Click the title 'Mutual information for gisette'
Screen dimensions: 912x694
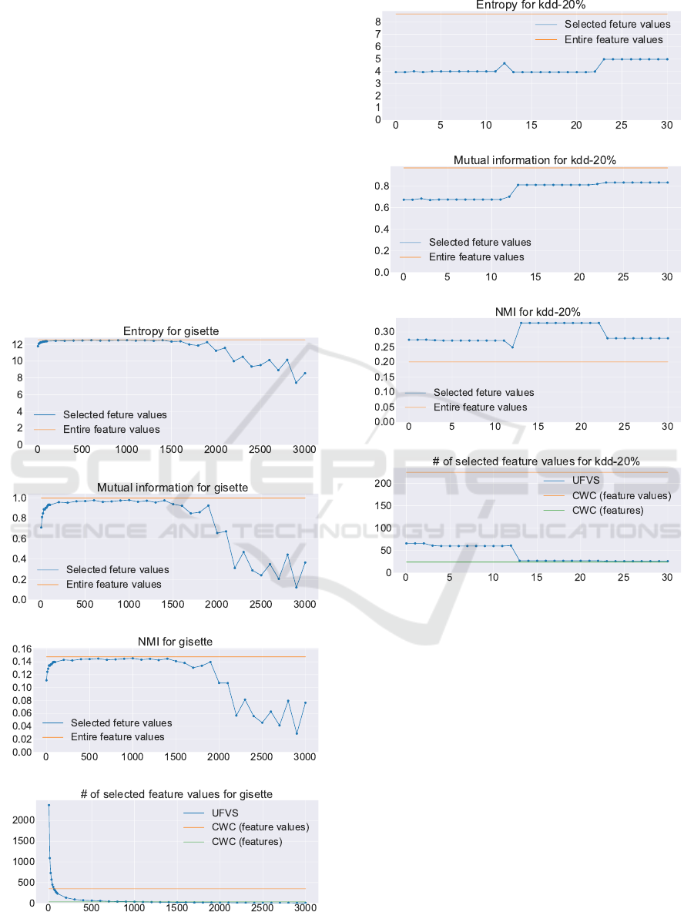[173, 488]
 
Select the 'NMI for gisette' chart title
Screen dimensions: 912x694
[173, 641]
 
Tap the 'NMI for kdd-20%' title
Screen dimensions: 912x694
[538, 312]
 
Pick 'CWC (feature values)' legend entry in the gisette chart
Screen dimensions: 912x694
[260, 826]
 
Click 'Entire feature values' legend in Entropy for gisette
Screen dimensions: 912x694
[112, 429]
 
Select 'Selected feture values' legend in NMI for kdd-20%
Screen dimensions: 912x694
[484, 392]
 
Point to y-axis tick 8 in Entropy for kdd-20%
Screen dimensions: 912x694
[378, 22]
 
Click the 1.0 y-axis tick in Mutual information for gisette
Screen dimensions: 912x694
[19, 498]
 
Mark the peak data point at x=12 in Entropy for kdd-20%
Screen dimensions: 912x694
[505, 63]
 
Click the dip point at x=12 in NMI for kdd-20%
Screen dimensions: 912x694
[513, 347]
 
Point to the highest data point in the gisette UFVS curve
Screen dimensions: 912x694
[49, 806]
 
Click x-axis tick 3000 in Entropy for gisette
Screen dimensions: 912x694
[304, 450]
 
